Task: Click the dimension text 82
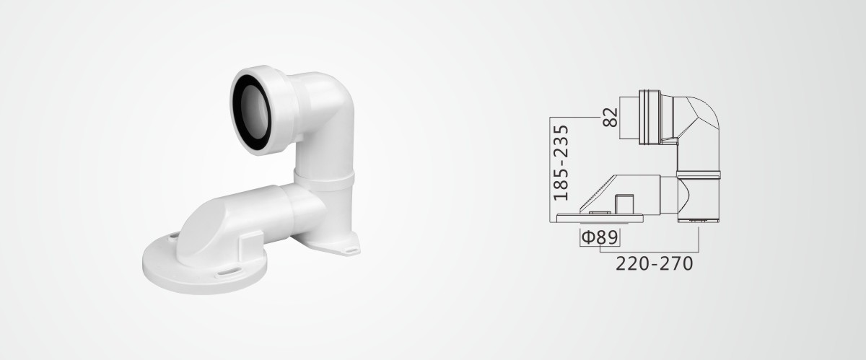point(610,117)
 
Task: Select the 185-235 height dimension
point(561,162)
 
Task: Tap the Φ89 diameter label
point(600,237)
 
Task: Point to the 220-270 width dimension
point(654,264)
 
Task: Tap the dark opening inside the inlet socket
point(253,112)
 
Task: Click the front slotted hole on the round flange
point(227,272)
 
